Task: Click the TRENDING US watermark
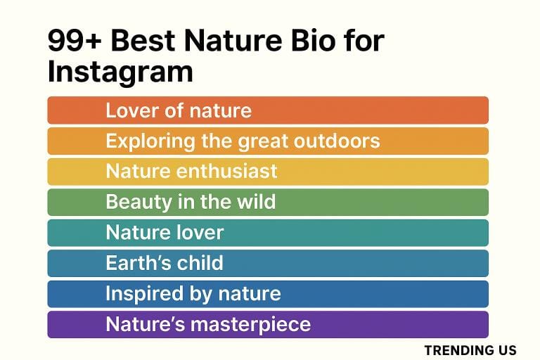pos(470,349)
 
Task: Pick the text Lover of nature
pos(179,110)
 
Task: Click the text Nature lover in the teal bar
pos(165,232)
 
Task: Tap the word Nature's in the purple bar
pos(141,324)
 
